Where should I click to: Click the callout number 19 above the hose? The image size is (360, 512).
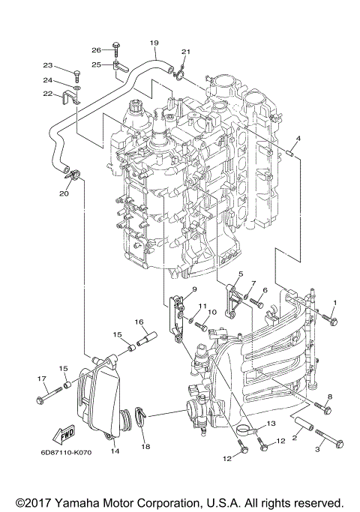coord(154,42)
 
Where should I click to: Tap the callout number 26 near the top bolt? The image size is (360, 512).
coord(96,49)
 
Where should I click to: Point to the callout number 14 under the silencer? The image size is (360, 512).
coord(115,451)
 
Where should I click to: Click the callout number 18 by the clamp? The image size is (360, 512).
coord(145,446)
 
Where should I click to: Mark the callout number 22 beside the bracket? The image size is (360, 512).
coord(46,94)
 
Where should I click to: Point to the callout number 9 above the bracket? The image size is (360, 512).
coord(193,289)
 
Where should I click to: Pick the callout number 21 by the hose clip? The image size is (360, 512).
coord(186,52)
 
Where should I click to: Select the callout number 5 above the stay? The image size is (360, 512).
coord(241,274)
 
